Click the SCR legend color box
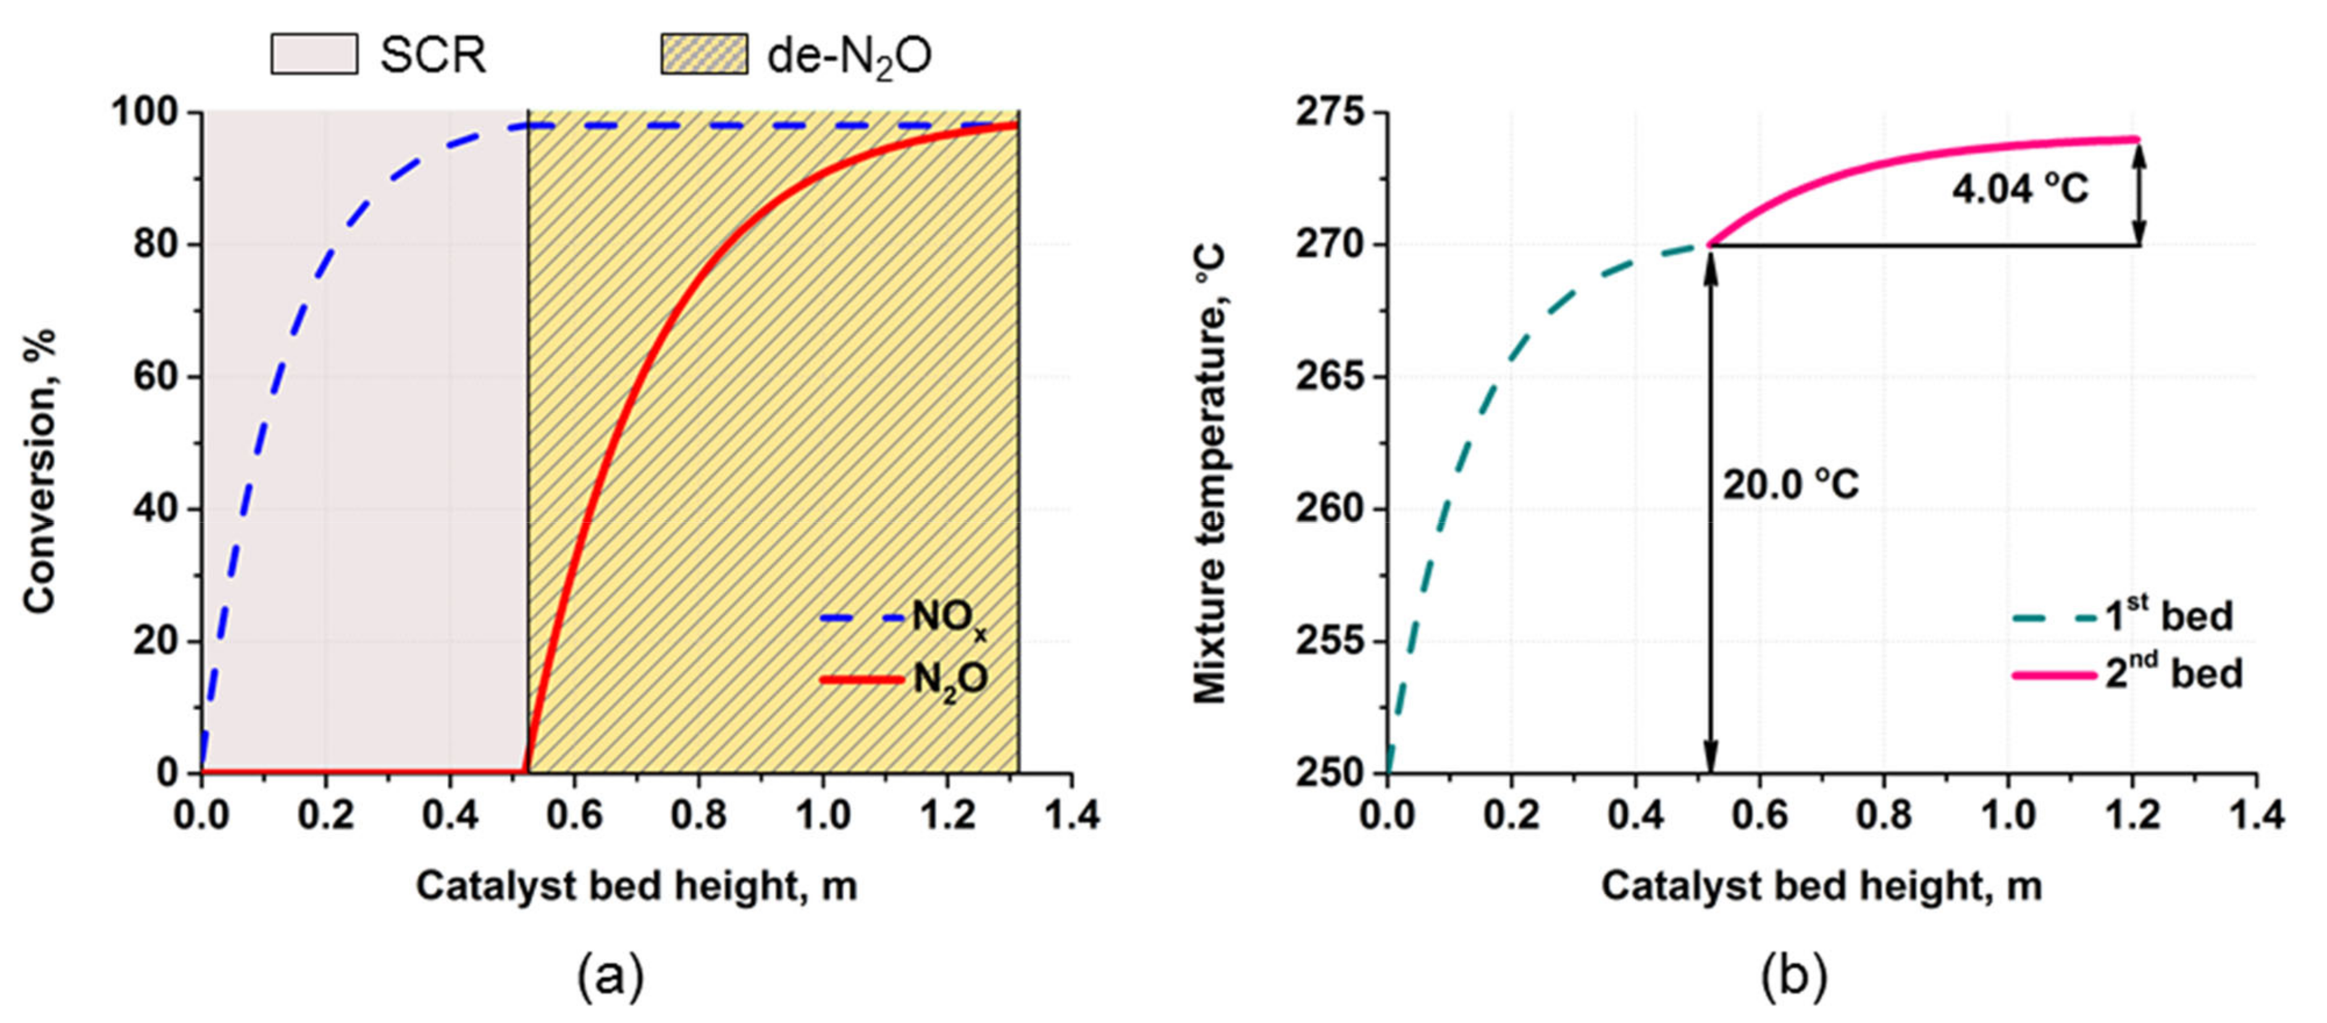click(x=314, y=54)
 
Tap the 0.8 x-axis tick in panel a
click(x=698, y=816)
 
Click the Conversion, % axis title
click(x=41, y=470)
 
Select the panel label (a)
click(x=611, y=977)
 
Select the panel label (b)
click(x=1793, y=977)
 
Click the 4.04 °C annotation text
click(x=2020, y=189)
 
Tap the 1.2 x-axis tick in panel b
click(x=2131, y=816)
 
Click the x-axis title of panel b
click(x=1821, y=886)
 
